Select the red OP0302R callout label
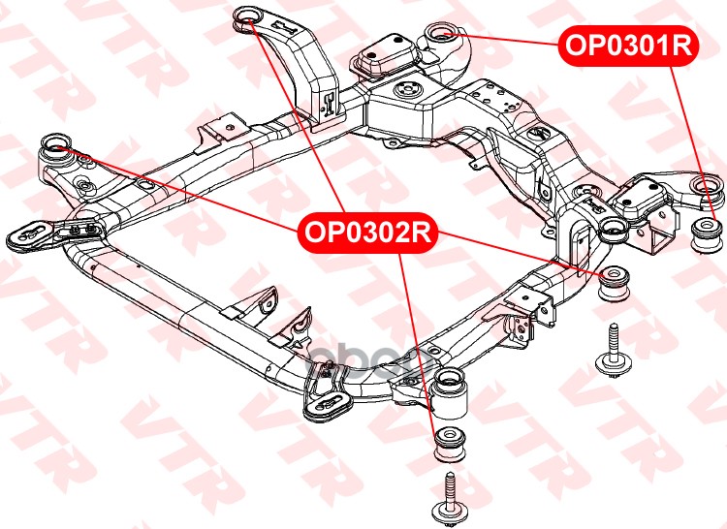click(367, 233)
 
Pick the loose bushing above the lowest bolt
click(448, 445)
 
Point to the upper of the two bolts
click(614, 349)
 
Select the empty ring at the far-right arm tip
click(704, 184)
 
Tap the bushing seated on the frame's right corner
click(611, 230)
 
